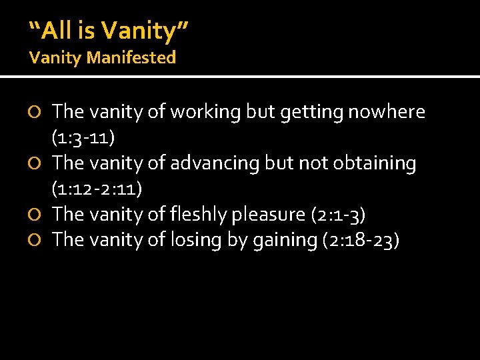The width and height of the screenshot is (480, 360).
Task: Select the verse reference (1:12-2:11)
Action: click(97, 189)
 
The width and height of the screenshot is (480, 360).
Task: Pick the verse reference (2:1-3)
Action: click(339, 214)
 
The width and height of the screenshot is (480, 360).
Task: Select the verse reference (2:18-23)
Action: click(361, 239)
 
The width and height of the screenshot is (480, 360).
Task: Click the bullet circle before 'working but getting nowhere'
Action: click(37, 113)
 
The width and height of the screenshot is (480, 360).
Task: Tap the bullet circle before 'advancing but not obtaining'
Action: click(37, 163)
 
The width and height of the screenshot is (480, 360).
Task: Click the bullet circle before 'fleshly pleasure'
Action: click(37, 215)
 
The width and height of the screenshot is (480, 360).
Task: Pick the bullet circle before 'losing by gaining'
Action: click(37, 240)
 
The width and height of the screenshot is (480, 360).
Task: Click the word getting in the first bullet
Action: click(305, 112)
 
